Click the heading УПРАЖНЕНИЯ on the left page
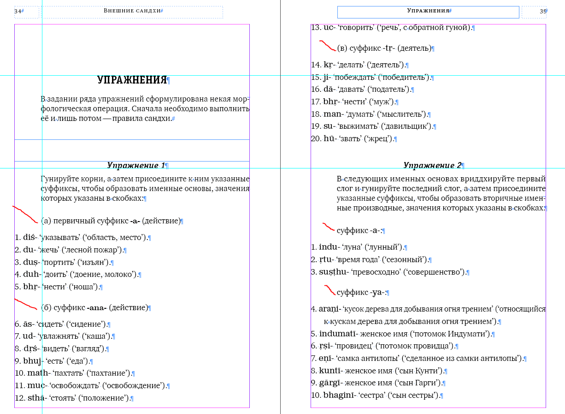tap(132, 80)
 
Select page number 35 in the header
tap(543, 11)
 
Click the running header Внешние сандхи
tap(132, 11)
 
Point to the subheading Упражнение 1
tap(136, 165)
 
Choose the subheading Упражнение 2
tap(432, 165)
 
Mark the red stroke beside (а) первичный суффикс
tap(25, 213)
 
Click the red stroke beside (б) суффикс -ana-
tap(26, 304)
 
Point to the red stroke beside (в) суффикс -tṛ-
tap(328, 45)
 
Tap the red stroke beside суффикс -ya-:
tap(330, 290)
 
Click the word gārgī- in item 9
tap(330, 383)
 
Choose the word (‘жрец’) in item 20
tap(379, 139)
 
